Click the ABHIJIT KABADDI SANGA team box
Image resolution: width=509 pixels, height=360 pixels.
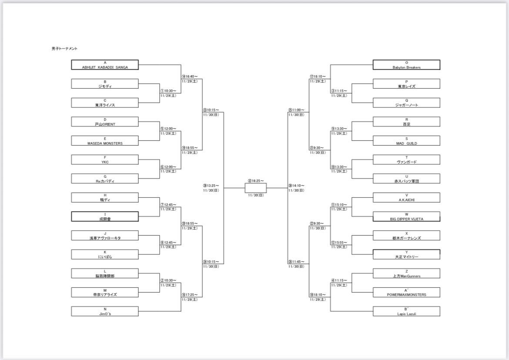tap(105, 65)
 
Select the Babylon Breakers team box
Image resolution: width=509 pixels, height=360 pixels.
tap(406, 65)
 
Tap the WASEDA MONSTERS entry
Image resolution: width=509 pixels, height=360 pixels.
tap(105, 140)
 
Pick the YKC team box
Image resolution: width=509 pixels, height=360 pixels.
tap(105, 160)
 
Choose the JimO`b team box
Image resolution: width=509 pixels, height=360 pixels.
tap(105, 311)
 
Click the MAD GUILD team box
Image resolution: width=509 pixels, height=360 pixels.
tap(406, 140)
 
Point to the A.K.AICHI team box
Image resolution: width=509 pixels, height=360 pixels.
tap(406, 197)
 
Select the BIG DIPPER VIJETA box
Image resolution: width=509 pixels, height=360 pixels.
tap(406, 217)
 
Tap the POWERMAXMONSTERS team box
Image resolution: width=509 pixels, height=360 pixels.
tap(406, 292)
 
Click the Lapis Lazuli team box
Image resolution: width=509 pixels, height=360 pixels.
tap(406, 311)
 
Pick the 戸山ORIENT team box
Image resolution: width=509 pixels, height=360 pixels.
tap(105, 122)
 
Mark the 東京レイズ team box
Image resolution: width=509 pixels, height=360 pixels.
tap(406, 84)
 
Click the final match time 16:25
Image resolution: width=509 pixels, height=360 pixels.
tap(256, 180)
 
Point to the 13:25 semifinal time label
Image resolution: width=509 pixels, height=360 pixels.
tap(211, 186)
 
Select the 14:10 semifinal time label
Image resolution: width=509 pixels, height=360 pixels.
tap(297, 186)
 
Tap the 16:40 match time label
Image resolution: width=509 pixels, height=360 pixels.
tap(190, 77)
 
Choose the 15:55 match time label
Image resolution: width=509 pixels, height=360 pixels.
tap(339, 242)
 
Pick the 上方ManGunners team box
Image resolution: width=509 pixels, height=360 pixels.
tap(406, 273)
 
